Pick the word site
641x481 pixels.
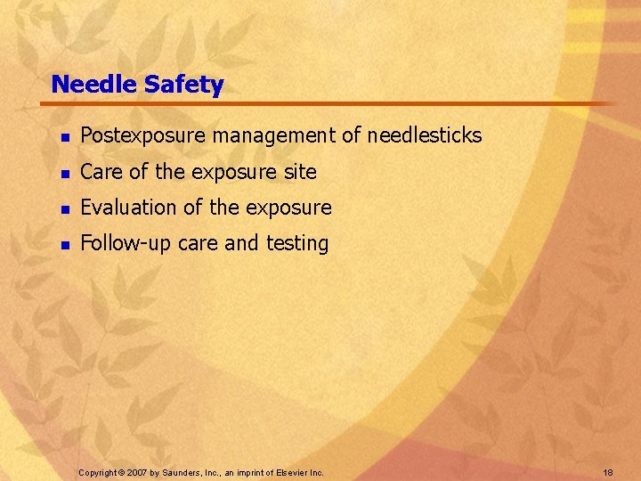tap(300, 172)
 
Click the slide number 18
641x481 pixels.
tap(607, 471)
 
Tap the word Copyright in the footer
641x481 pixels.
tap(98, 471)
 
